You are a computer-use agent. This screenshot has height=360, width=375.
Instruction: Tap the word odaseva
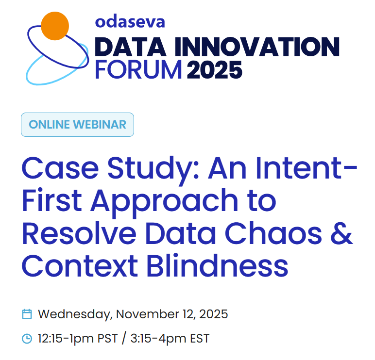(130, 21)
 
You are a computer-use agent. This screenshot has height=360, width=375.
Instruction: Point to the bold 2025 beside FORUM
(214, 70)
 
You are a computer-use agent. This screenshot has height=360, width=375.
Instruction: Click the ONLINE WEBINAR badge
(77, 124)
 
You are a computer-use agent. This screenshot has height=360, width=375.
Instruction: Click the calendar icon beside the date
(27, 314)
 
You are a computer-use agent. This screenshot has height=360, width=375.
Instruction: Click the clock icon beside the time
(27, 338)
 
